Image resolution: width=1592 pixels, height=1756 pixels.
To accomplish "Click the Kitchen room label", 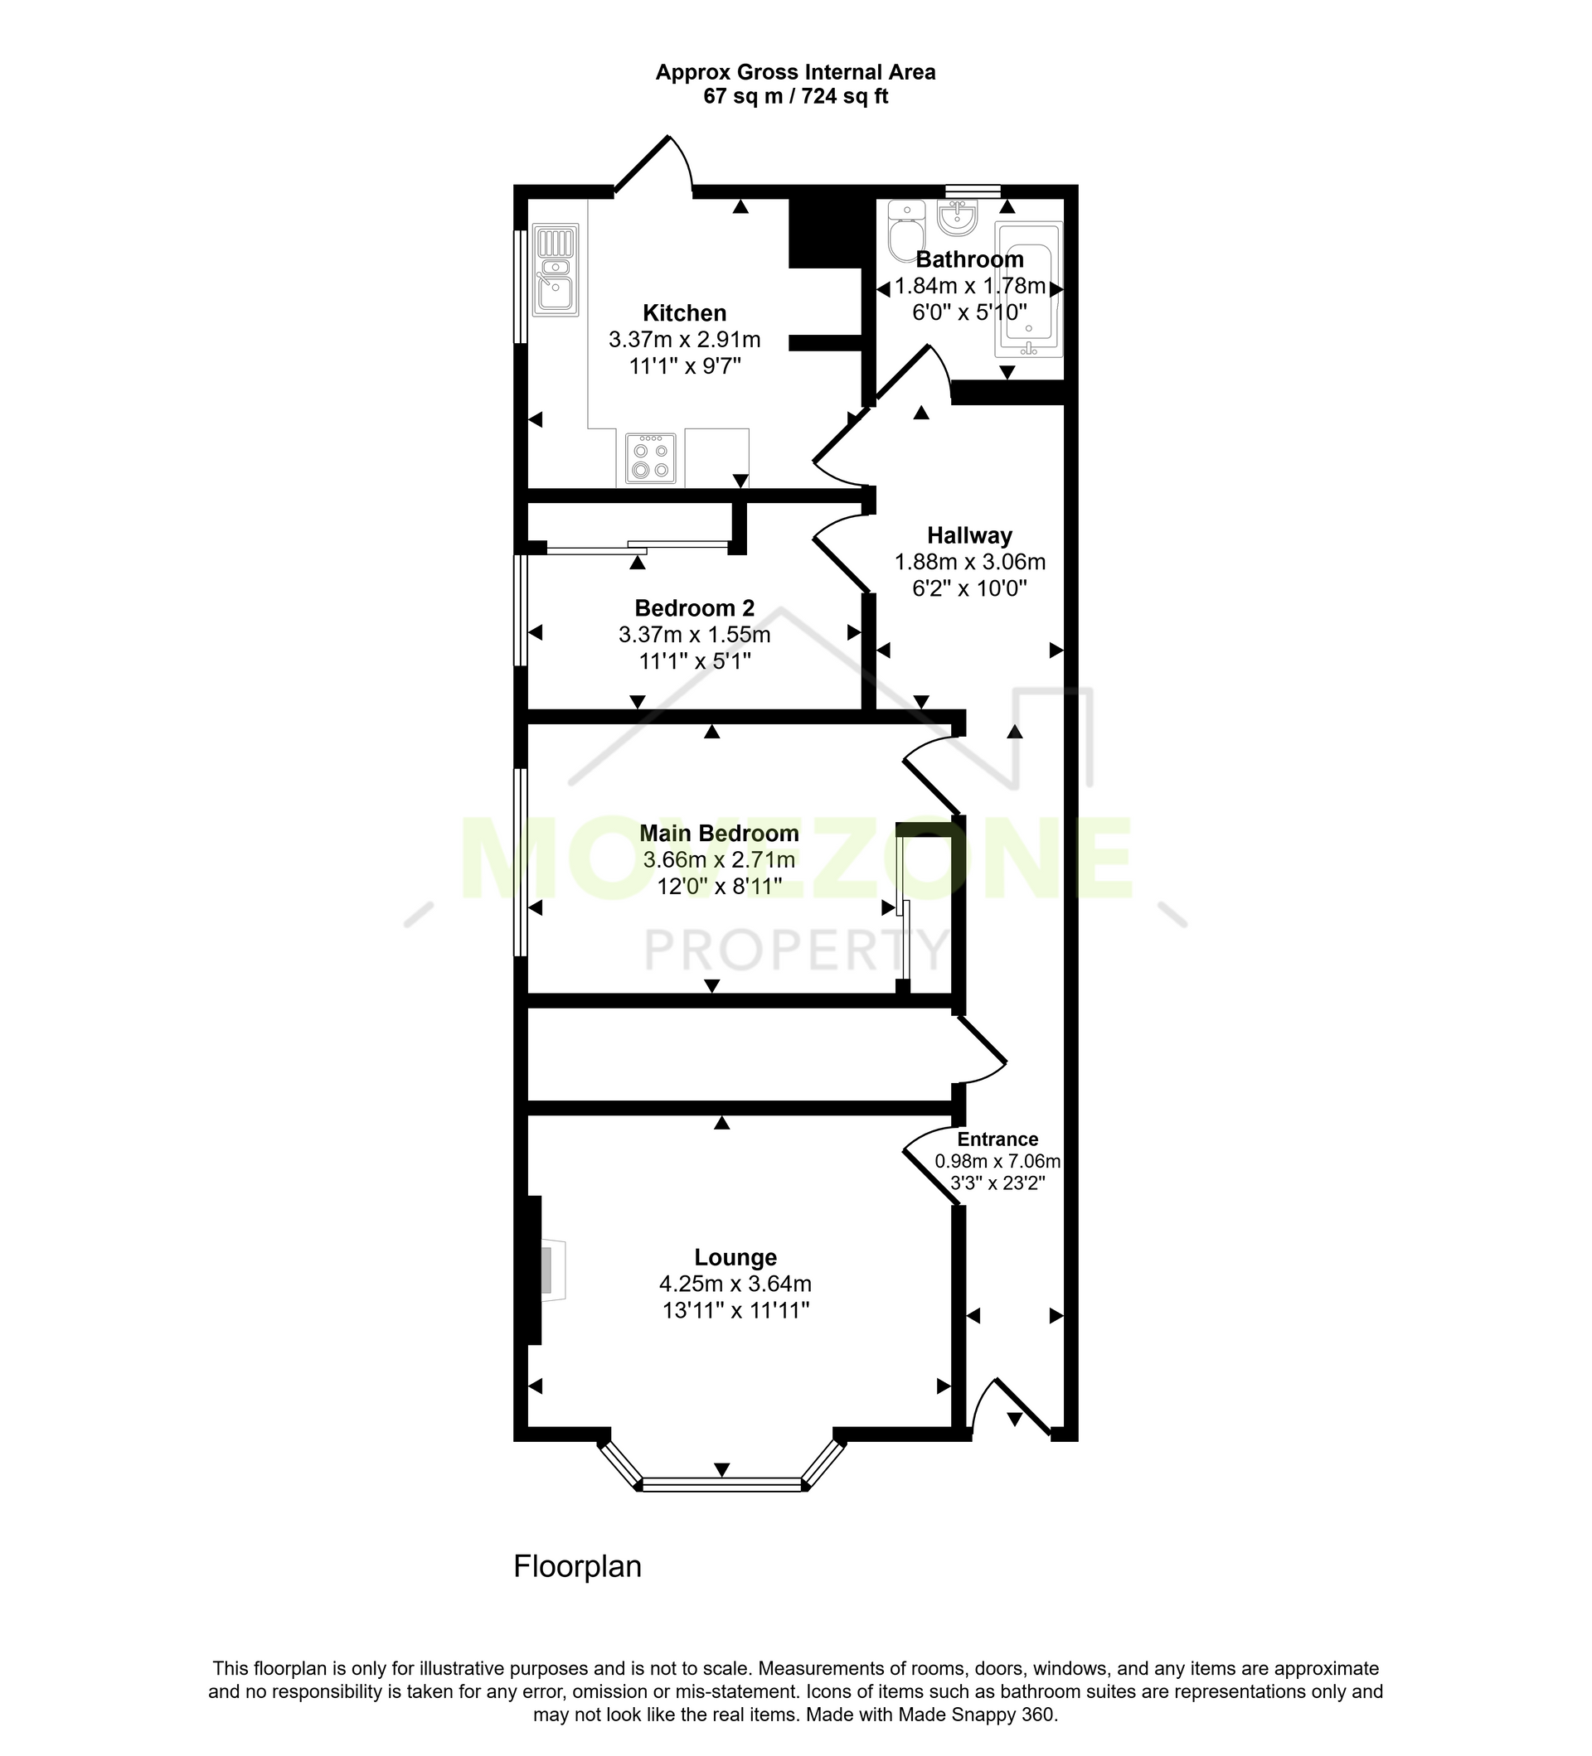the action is click(x=684, y=312).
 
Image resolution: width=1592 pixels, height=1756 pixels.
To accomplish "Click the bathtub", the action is click(x=1029, y=289).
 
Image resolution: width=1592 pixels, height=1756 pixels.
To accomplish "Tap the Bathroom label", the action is click(x=969, y=259).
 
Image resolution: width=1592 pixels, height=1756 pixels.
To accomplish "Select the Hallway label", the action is click(x=969, y=535).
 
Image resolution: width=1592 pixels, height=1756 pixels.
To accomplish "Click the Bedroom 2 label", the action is click(x=695, y=608).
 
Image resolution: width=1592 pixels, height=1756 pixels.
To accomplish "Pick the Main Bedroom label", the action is click(x=719, y=834).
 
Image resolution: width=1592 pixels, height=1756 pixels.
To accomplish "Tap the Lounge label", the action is click(x=735, y=1258).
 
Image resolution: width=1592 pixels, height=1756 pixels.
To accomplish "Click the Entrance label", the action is click(x=997, y=1139).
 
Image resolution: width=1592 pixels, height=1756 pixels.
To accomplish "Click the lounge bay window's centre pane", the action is click(x=721, y=1485).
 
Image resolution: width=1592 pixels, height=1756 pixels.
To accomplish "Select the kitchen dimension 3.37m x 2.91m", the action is click(x=684, y=339).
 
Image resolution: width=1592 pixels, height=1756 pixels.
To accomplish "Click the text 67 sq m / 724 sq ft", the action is click(x=795, y=97).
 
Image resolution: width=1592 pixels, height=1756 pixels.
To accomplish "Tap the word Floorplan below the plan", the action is click(x=578, y=1567).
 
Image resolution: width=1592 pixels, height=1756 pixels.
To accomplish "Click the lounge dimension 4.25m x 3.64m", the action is click(x=735, y=1284).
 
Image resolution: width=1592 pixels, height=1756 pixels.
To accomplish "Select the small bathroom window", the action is click(x=973, y=191).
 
